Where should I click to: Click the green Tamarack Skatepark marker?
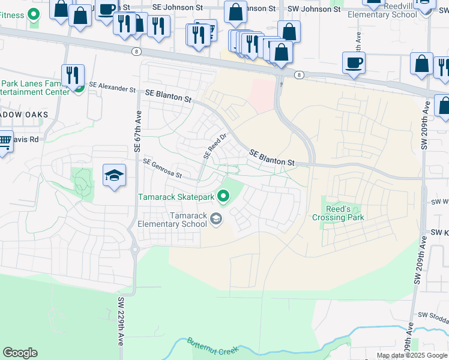coord(224,196)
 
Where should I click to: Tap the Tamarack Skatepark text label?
coord(176,197)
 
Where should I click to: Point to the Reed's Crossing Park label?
coord(337,213)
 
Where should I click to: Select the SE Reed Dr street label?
coord(214,146)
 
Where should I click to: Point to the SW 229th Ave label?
coord(121,321)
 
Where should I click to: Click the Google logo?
coord(20,353)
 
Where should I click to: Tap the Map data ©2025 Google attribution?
coord(412,355)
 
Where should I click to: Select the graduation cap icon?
coord(114,175)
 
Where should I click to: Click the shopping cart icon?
coord(4,142)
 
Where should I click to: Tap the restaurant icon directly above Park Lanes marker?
coord(73,74)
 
